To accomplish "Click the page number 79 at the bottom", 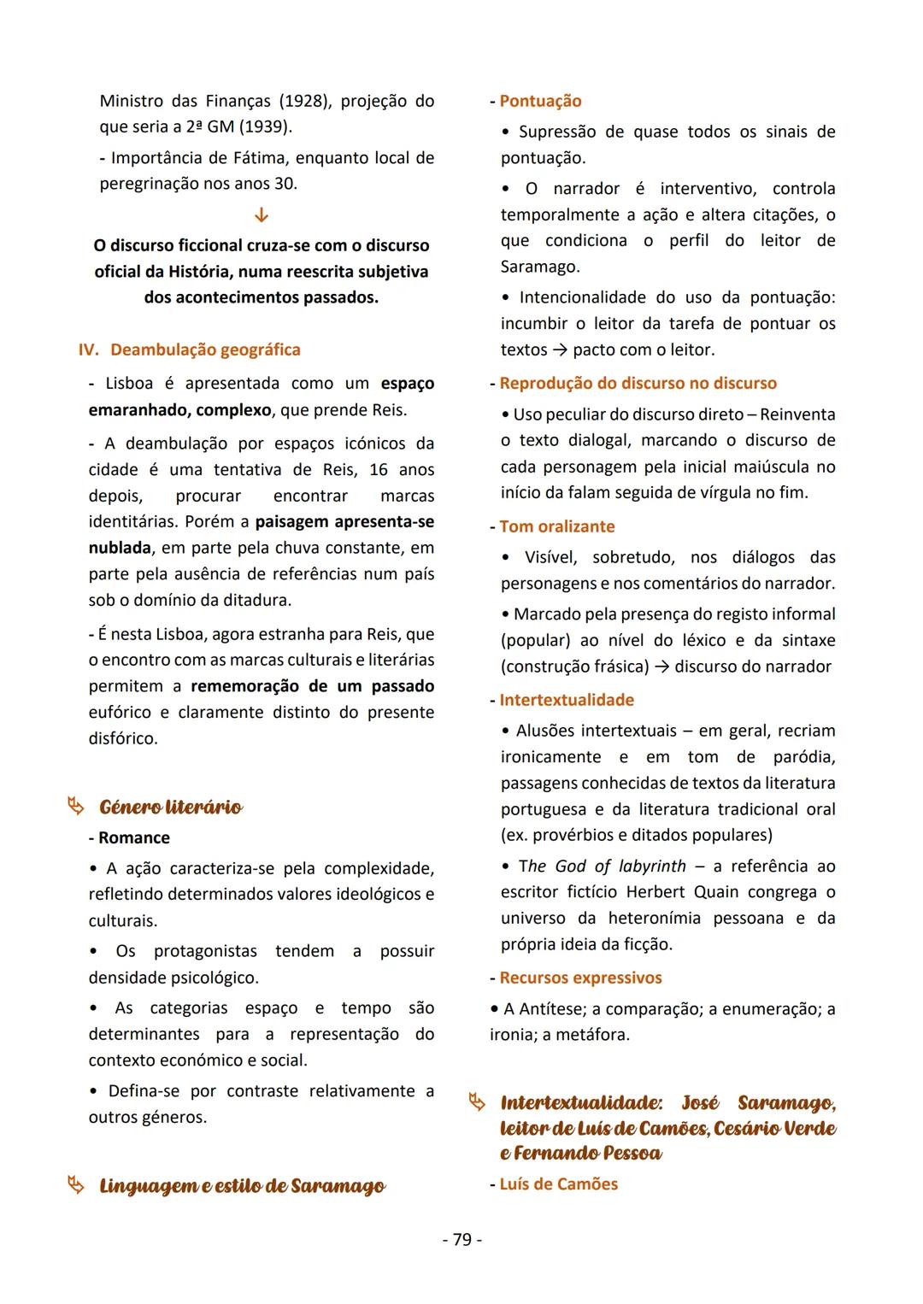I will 461,1239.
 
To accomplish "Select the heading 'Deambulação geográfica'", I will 205,349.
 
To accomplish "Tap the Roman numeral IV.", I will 89,349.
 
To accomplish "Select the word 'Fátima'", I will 261,158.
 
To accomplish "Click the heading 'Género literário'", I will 170,807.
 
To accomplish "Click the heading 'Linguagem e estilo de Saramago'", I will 242,1186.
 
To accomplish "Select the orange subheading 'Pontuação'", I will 540,101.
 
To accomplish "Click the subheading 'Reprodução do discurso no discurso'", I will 638,383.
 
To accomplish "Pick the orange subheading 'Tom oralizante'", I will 556,526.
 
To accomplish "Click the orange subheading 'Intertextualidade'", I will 567,700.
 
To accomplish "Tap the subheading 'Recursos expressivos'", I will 580,978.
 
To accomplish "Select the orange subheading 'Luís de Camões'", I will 558,1184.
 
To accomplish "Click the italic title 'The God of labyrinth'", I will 602,866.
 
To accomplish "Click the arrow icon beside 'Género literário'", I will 76,806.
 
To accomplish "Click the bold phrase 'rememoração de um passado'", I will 312,686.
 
